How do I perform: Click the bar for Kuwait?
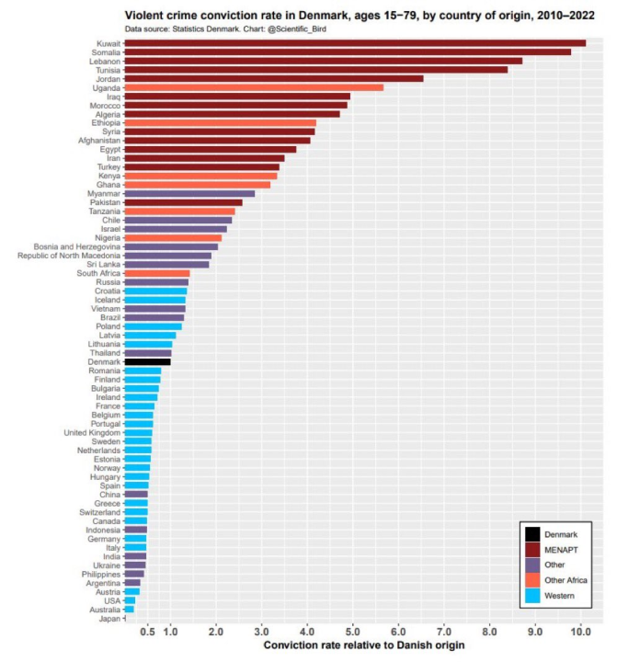click(x=354, y=42)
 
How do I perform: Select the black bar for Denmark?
click(x=147, y=362)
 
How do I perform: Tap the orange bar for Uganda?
click(x=253, y=87)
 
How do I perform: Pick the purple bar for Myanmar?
click(x=189, y=194)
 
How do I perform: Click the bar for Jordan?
click(x=273, y=78)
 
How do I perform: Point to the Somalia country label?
click(x=103, y=52)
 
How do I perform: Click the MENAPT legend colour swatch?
click(x=532, y=548)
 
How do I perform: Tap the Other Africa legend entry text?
click(x=566, y=580)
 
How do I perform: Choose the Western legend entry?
click(x=560, y=597)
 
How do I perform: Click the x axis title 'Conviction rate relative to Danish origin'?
click(x=364, y=645)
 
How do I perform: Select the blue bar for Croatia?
click(x=155, y=291)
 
